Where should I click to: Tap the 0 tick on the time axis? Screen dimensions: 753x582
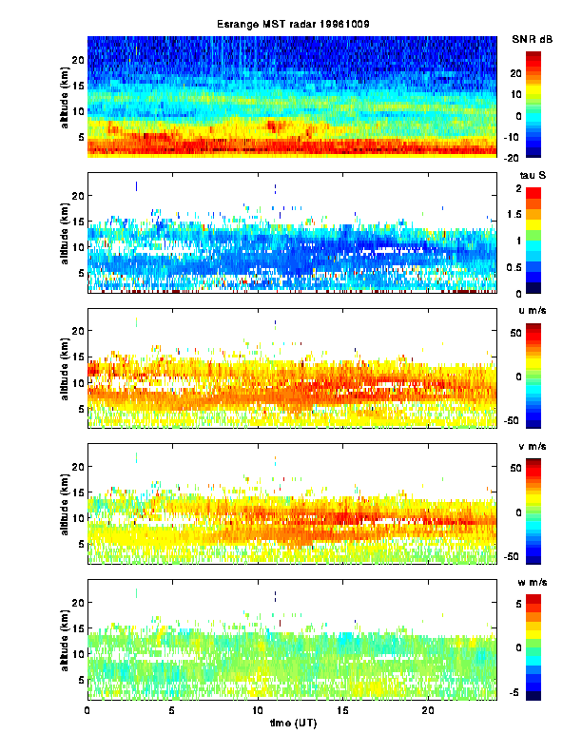click(87, 710)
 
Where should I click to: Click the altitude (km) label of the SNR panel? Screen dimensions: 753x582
click(64, 95)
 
